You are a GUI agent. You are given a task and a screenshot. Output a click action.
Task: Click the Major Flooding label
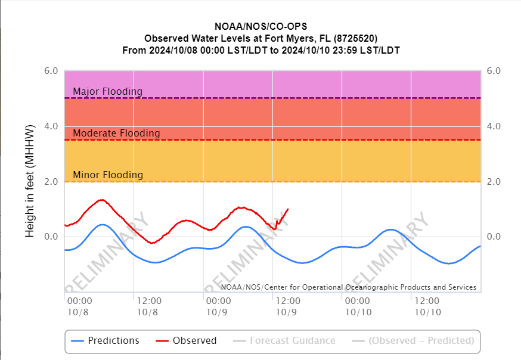point(107,91)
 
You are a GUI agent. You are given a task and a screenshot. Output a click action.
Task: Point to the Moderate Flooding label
point(116,133)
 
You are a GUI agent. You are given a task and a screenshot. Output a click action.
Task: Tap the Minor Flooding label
point(108,175)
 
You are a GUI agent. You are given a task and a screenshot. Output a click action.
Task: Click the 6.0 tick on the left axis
point(51,71)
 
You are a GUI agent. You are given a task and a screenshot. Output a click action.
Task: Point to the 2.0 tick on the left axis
point(51,182)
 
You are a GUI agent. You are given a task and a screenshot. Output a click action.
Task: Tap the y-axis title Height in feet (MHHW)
point(30,182)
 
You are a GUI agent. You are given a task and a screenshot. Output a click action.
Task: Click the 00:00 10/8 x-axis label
point(79,306)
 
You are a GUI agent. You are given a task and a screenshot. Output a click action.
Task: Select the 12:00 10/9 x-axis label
point(287,306)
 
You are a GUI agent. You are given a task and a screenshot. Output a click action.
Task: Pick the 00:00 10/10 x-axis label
point(356,306)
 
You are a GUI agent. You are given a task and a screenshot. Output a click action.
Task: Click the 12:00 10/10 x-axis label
point(427,306)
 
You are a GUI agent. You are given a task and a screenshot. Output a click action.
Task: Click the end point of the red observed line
point(288,209)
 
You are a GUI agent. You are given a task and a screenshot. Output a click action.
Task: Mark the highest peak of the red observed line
point(101,200)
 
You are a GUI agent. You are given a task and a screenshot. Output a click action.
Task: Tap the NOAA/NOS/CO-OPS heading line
point(260,27)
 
